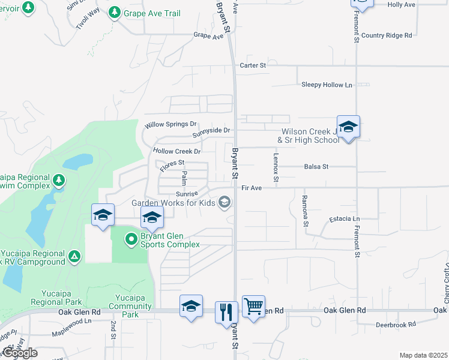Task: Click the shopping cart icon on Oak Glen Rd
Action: coord(253,307)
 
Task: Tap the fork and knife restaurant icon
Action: coord(226,312)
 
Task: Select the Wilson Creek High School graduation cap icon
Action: coord(348,127)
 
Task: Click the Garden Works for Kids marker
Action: coord(224,202)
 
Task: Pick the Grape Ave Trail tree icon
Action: coord(115,12)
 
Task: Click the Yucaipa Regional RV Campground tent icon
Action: coord(74,257)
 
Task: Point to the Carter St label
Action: coord(252,65)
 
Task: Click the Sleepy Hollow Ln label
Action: coord(327,85)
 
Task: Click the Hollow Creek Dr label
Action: coord(176,152)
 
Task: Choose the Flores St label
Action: coord(172,163)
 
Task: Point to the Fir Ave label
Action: coord(252,188)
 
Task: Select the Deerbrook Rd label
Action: coord(395,325)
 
